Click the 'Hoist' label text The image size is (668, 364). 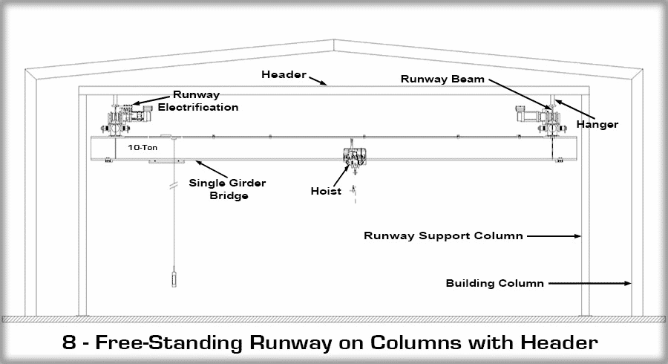(326, 191)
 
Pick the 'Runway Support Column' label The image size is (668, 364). (443, 236)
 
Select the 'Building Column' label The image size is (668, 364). (495, 283)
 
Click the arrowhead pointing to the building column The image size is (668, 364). (627, 283)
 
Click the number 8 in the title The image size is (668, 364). (69, 343)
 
